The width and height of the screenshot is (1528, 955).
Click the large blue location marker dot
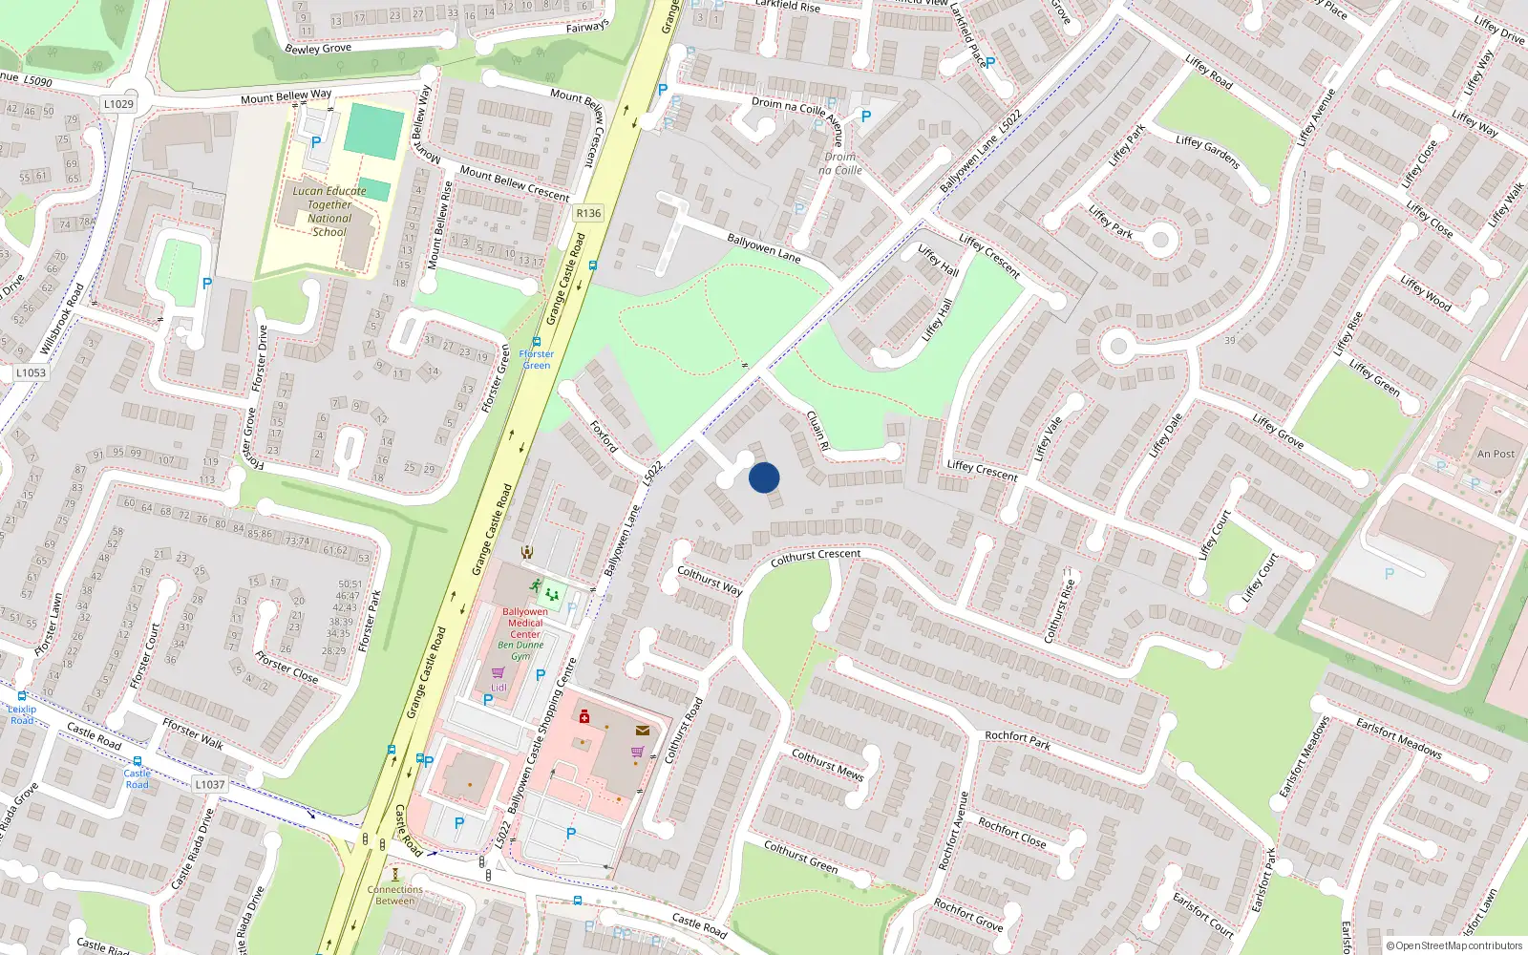[x=764, y=477]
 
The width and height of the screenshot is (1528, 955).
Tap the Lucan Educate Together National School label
[x=329, y=211]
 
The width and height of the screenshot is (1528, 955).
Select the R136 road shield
[x=588, y=213]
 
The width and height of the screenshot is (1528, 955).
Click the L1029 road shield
[x=118, y=104]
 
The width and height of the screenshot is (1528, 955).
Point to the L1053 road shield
[x=31, y=373]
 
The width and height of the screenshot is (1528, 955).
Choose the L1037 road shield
[x=209, y=785]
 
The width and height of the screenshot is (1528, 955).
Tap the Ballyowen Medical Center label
[x=525, y=623]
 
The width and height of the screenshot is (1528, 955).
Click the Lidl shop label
[x=499, y=688]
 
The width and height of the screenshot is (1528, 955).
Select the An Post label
[x=1496, y=454]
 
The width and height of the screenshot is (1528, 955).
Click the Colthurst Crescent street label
[x=816, y=557]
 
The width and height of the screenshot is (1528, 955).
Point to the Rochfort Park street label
[x=1018, y=739]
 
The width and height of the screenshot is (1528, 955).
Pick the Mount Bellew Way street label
[x=286, y=97]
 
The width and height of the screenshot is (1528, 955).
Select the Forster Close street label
[x=286, y=666]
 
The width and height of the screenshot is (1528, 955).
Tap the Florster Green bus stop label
[x=536, y=359]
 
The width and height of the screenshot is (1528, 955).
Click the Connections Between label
[x=395, y=895]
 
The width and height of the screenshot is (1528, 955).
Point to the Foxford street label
[x=604, y=435]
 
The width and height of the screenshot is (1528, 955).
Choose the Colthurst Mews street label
[x=827, y=764]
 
